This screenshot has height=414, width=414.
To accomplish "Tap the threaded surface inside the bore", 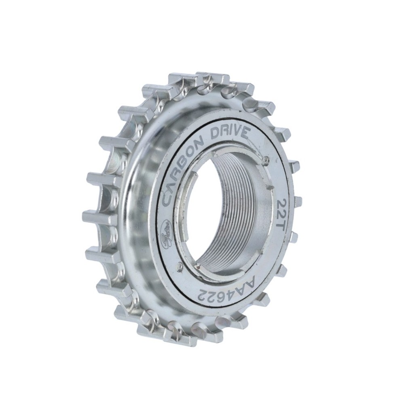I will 239,210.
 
